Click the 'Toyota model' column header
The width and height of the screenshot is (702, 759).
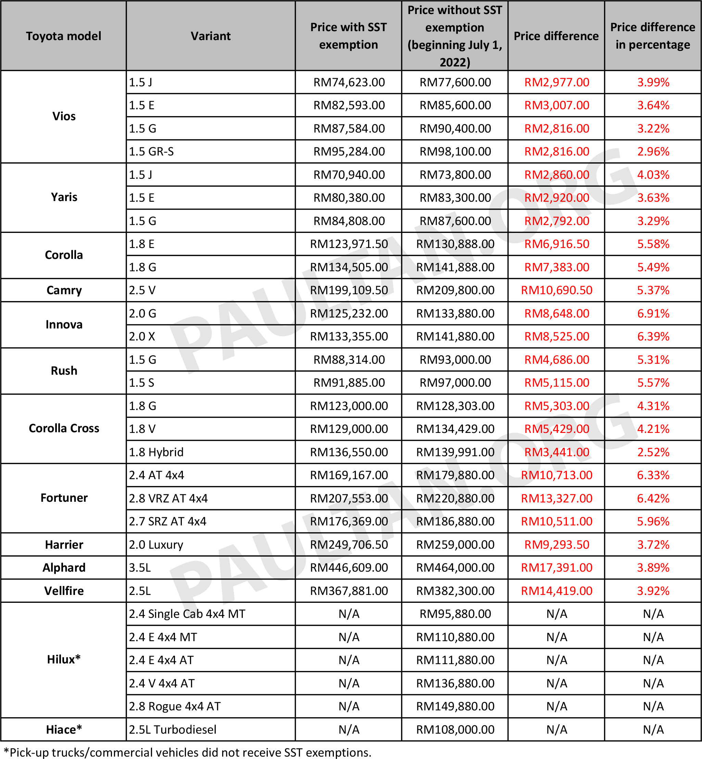63,36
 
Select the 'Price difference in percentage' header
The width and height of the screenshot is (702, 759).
653,36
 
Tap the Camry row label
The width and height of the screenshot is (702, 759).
64,290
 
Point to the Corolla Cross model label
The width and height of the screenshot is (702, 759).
64,428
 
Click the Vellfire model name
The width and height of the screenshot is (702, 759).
64,591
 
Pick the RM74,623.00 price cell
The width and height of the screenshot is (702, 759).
349,83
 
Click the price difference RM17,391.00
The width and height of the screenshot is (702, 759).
556,568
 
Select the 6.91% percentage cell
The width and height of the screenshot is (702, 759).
653,313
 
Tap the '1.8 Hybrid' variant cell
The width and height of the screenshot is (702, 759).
156,452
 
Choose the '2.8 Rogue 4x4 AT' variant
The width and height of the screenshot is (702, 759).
175,706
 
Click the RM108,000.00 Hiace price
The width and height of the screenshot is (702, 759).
455,729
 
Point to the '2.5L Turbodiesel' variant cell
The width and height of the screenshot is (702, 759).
173,729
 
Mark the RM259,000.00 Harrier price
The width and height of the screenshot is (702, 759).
455,544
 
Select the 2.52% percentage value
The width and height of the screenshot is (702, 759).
653,452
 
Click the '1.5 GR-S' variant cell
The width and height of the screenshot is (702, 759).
151,152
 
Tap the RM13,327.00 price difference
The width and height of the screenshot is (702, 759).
556,498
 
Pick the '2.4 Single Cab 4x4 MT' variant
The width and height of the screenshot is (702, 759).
187,614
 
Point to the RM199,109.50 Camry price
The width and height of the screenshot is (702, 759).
349,290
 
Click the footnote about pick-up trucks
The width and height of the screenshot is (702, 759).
187,752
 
